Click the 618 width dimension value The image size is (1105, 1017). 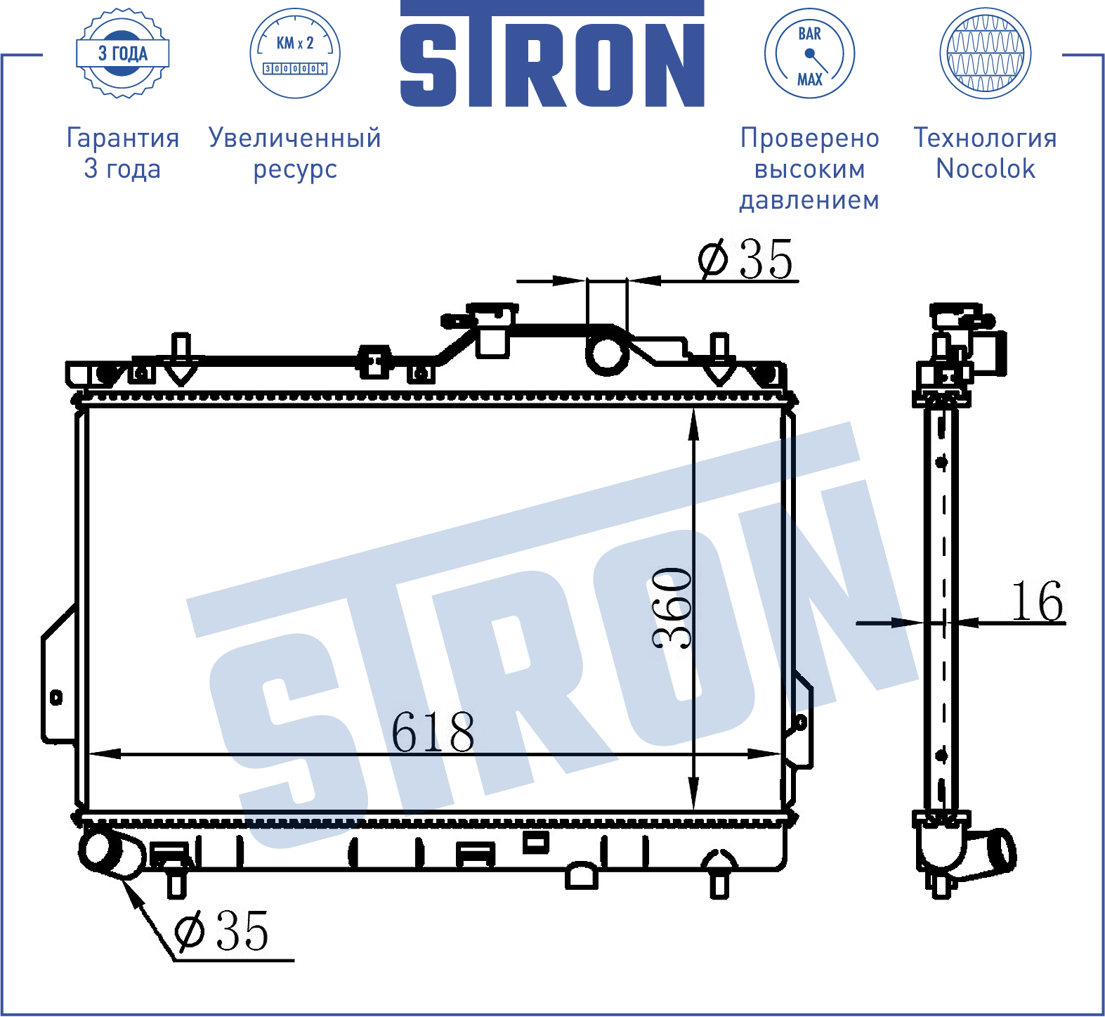[433, 732]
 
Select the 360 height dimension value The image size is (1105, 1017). [672, 607]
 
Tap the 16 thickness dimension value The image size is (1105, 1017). [1037, 602]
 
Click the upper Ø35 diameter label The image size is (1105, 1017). [745, 259]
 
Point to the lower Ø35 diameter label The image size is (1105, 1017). [221, 931]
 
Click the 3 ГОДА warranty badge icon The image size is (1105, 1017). [123, 53]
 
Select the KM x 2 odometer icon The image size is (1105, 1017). [295, 53]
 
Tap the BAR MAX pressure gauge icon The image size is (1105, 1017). [809, 53]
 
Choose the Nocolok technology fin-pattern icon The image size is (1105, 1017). [986, 53]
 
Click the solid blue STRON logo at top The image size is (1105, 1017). [552, 54]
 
